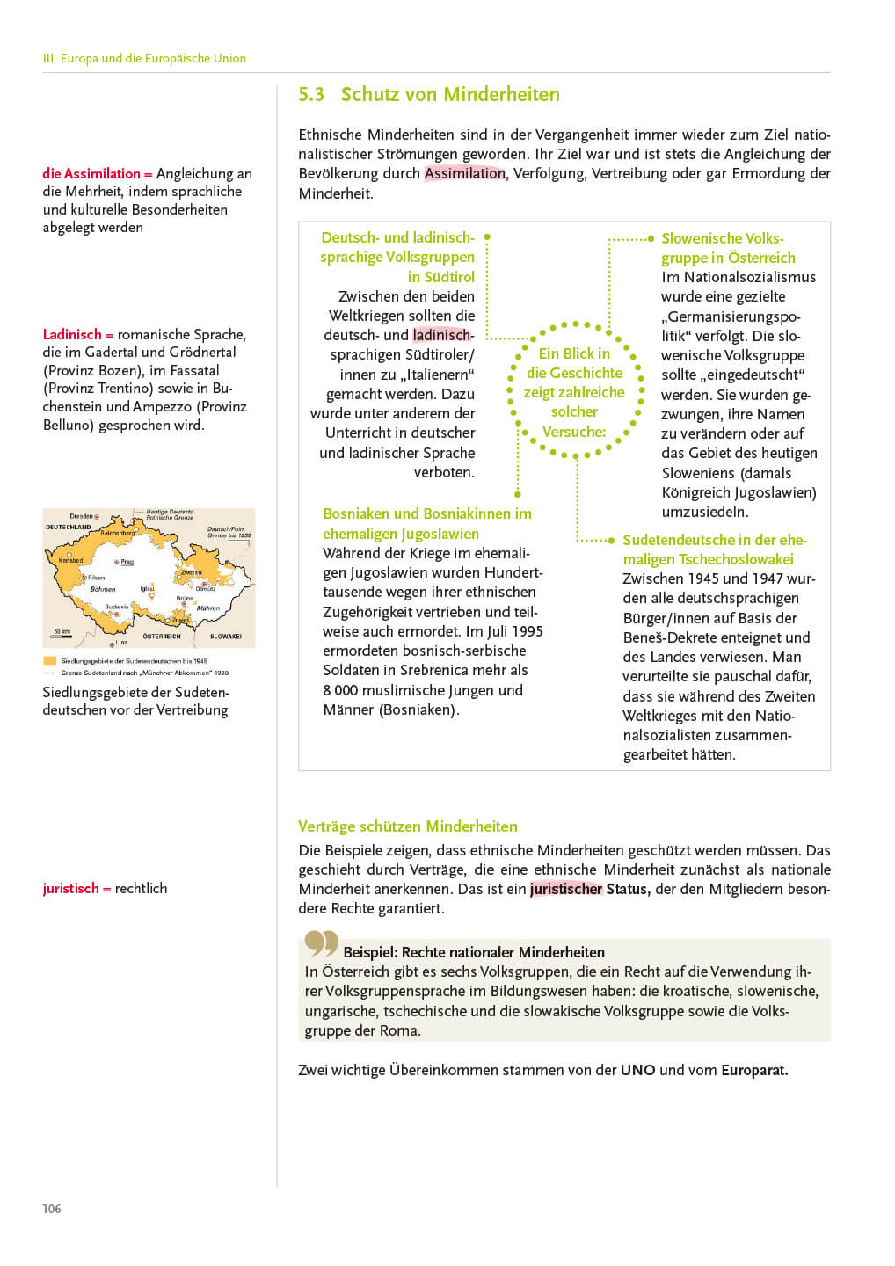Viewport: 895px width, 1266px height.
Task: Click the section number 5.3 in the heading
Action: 311,95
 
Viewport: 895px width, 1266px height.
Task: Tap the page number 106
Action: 52,1209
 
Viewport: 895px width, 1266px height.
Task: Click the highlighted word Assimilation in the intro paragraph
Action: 464,173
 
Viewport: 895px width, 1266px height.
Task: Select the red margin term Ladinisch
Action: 72,334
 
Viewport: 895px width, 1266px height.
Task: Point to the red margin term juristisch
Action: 70,888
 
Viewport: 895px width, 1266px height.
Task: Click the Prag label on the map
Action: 127,561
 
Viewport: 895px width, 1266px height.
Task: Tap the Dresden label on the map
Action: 82,516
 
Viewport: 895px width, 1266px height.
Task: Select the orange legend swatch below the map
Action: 49,660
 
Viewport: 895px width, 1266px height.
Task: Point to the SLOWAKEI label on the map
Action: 226,636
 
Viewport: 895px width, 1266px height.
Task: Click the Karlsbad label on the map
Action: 70,560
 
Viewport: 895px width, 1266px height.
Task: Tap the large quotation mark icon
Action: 321,943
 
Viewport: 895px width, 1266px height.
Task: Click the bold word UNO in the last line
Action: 637,1070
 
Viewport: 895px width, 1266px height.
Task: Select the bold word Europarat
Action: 754,1070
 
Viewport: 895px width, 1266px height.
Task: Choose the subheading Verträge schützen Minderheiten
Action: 408,826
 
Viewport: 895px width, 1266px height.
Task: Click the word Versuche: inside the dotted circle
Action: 574,432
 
